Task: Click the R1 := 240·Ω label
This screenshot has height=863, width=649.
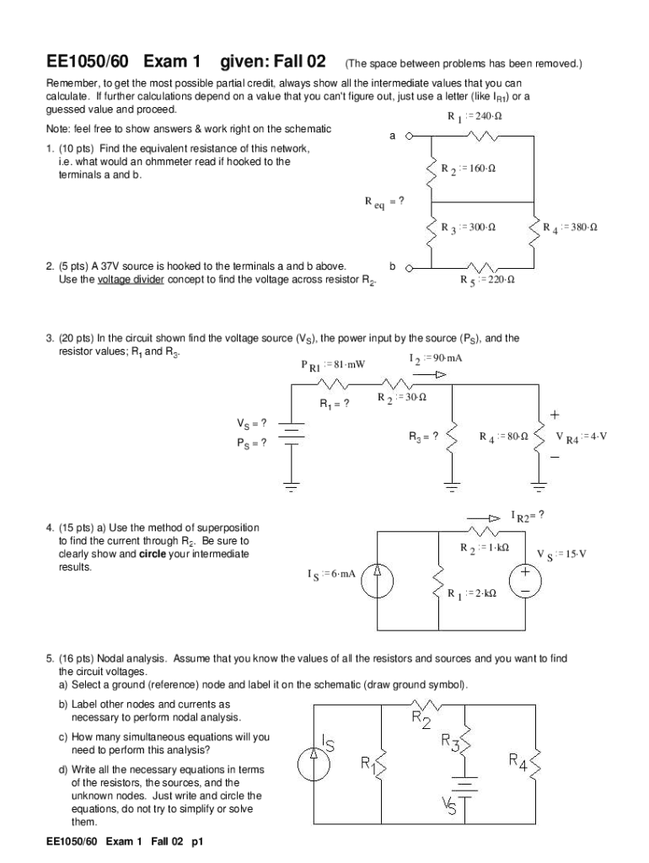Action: click(470, 115)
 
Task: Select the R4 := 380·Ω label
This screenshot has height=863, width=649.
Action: click(570, 228)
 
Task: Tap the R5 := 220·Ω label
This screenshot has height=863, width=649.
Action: click(488, 280)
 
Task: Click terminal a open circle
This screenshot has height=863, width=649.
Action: click(410, 135)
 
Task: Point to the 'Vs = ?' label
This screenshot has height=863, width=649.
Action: click(252, 423)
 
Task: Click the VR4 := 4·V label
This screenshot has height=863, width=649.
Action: click(581, 437)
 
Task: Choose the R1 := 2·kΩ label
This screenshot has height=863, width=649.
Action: click(472, 593)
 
